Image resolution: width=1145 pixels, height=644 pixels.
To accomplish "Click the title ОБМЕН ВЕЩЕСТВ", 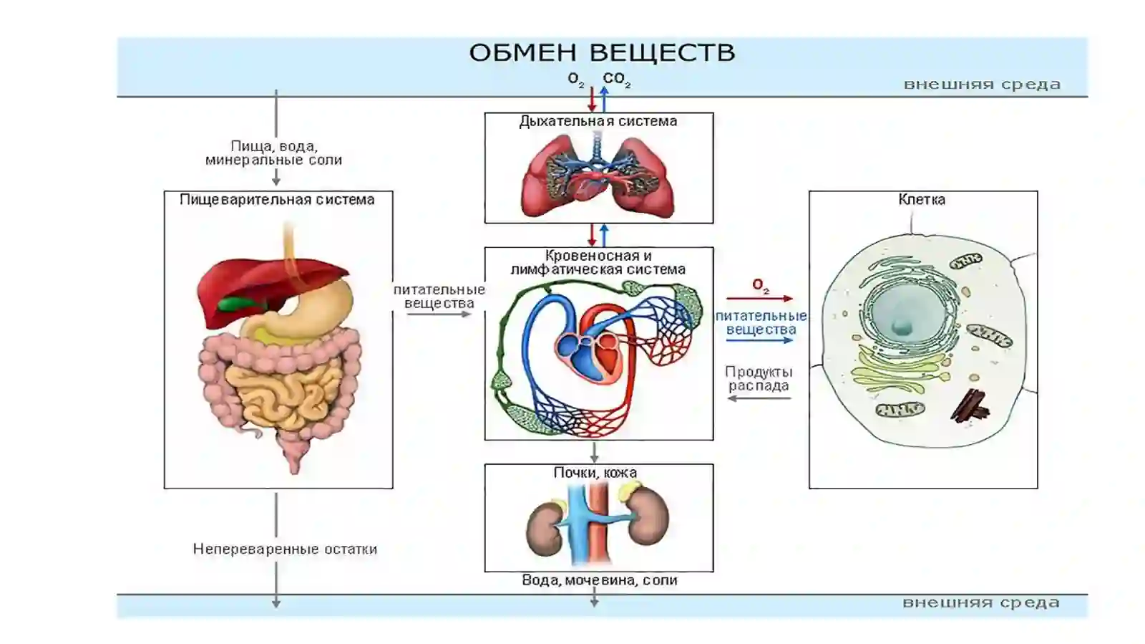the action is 602,53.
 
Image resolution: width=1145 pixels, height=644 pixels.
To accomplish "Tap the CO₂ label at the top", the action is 616,80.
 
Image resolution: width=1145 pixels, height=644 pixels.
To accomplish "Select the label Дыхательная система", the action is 598,121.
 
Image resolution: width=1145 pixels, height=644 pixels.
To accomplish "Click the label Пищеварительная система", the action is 277,199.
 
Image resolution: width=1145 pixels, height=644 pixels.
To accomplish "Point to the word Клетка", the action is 922,199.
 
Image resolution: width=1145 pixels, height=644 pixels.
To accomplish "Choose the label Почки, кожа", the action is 595,472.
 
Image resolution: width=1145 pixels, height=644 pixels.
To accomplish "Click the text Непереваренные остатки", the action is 285,549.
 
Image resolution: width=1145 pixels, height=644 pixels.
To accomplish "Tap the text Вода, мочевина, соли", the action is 600,580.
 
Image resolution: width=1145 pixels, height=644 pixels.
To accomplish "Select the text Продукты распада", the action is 759,378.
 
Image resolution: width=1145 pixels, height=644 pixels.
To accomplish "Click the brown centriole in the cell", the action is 970,405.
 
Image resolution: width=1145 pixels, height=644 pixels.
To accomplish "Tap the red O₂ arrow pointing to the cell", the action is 759,298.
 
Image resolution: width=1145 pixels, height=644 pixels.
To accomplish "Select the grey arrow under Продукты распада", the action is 759,398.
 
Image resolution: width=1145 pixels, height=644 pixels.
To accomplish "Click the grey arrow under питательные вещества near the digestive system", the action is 439,314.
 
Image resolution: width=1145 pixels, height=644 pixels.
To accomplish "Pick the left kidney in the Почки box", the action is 545,529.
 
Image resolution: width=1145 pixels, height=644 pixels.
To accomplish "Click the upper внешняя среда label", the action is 982,85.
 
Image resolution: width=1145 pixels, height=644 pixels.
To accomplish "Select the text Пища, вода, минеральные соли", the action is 274,153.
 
